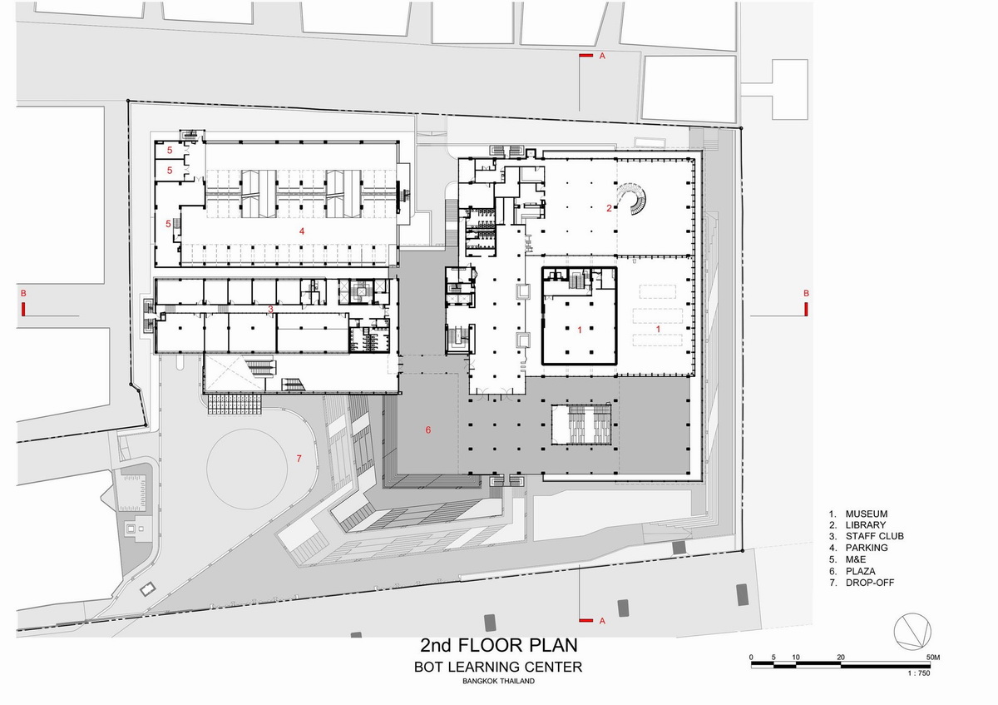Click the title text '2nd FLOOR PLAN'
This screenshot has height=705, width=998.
point(498,645)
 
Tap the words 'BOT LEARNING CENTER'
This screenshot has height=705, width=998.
point(498,667)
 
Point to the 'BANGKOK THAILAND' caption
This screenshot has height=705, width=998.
point(498,681)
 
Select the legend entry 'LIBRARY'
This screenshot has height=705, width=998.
point(865,525)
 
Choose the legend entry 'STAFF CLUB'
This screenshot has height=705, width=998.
point(875,536)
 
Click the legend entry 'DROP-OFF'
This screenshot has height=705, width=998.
point(870,583)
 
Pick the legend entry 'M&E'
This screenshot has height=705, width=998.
point(856,559)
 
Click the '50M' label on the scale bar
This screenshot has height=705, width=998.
point(933,658)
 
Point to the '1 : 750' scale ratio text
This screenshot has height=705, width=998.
point(919,673)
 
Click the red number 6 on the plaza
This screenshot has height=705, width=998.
point(428,429)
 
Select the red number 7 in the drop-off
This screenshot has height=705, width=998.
point(299,458)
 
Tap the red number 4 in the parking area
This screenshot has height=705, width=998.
point(302,231)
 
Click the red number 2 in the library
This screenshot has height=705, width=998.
point(609,208)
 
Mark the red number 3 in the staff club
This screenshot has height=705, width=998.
point(270,309)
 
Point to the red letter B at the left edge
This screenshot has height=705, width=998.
point(23,293)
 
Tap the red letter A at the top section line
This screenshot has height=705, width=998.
point(602,57)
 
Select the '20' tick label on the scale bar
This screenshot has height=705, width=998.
point(840,658)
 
